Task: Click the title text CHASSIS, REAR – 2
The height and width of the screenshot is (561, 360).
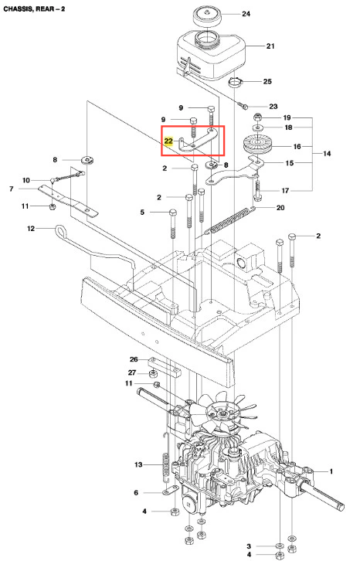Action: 34,8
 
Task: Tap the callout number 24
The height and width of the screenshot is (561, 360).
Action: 246,14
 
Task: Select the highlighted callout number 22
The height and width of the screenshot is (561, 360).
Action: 168,141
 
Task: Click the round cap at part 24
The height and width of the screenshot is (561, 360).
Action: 207,17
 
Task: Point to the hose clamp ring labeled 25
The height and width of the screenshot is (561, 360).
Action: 235,83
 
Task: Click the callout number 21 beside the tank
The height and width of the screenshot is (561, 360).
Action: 270,46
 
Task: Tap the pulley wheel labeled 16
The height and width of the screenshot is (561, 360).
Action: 257,144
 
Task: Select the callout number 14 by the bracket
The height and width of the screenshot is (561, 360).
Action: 327,154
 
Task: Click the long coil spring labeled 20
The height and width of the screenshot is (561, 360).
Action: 230,220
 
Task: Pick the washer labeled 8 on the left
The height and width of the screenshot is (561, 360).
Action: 87,159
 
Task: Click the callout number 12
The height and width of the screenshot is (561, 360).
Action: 31,228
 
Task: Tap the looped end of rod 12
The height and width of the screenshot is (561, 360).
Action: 61,230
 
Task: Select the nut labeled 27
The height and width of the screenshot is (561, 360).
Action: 153,374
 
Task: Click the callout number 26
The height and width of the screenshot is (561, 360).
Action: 134,359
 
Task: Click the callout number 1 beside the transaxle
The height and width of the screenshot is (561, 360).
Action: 331,471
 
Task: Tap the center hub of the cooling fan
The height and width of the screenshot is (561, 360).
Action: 221,413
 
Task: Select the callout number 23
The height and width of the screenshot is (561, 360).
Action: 273,107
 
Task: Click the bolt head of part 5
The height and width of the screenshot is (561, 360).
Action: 173,212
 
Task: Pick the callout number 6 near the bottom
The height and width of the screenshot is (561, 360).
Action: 136,493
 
